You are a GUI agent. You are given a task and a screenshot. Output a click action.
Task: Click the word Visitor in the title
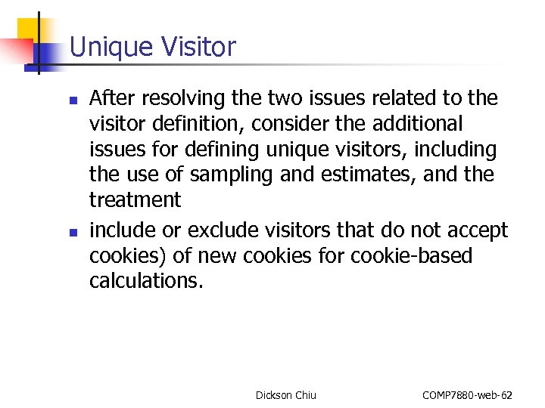click(198, 47)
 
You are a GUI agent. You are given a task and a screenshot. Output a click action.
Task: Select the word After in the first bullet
click(110, 98)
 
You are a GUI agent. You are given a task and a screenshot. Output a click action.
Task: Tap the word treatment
click(135, 200)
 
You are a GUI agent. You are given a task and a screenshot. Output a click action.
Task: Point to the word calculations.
click(146, 281)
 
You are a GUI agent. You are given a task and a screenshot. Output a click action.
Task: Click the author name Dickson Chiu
click(285, 394)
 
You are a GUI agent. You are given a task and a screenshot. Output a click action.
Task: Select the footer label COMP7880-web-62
click(466, 394)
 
